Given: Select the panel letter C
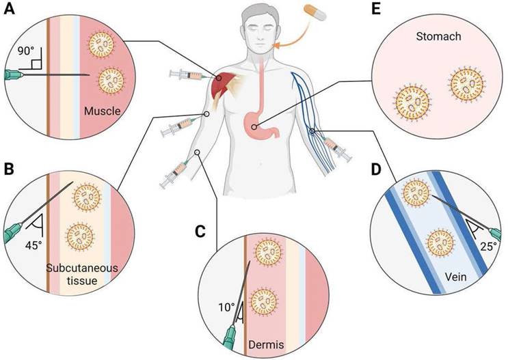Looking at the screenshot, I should (200, 231).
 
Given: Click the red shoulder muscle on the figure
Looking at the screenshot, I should (222, 85).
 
